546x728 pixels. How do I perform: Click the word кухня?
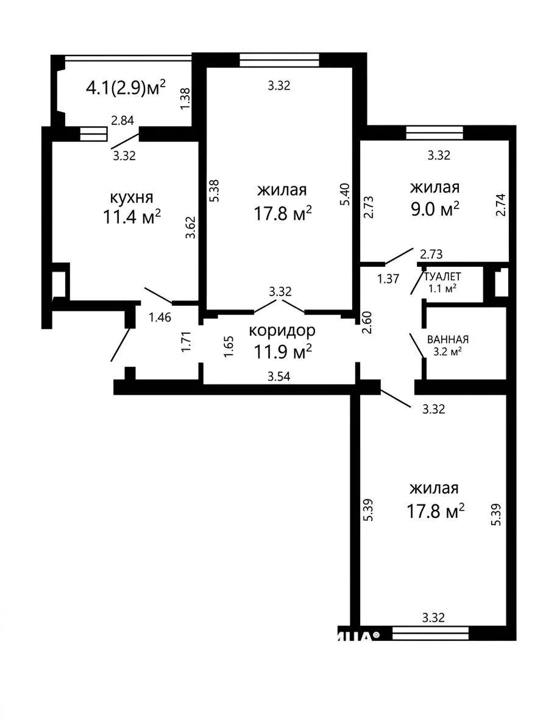(132, 198)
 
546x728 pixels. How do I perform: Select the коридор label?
(282, 331)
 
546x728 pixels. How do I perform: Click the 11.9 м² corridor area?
(282, 352)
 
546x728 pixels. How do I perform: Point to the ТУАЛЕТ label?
(442, 277)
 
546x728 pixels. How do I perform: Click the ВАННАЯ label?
(448, 339)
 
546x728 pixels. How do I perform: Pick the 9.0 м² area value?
(434, 209)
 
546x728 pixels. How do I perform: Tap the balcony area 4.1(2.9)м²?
(126, 87)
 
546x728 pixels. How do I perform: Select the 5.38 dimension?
(214, 190)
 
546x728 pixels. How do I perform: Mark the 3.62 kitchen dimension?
(190, 227)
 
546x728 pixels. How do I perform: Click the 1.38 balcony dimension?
(185, 99)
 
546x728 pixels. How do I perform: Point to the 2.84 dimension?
(122, 121)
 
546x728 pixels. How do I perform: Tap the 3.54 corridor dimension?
(278, 376)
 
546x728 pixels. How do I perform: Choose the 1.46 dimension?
(160, 317)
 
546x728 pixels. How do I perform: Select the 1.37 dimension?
(388, 279)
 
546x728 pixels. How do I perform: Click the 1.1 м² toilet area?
(442, 288)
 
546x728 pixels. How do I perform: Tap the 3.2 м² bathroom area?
(447, 352)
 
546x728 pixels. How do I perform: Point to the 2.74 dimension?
(500, 205)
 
